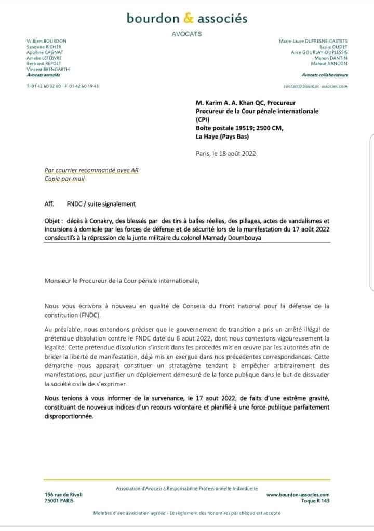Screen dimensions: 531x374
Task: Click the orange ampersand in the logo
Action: (x=188, y=19)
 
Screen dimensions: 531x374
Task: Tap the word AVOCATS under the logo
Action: (x=186, y=34)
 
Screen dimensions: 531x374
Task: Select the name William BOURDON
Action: (x=46, y=41)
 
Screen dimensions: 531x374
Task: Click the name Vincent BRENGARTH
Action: (x=48, y=69)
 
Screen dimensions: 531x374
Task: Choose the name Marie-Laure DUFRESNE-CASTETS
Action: (x=313, y=41)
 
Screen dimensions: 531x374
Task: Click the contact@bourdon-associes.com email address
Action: (x=315, y=86)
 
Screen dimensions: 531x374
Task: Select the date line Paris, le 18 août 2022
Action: (x=225, y=153)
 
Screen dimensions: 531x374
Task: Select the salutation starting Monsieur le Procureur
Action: (x=122, y=281)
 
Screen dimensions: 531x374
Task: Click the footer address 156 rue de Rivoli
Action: (x=63, y=495)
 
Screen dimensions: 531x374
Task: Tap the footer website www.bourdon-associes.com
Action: (x=298, y=495)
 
